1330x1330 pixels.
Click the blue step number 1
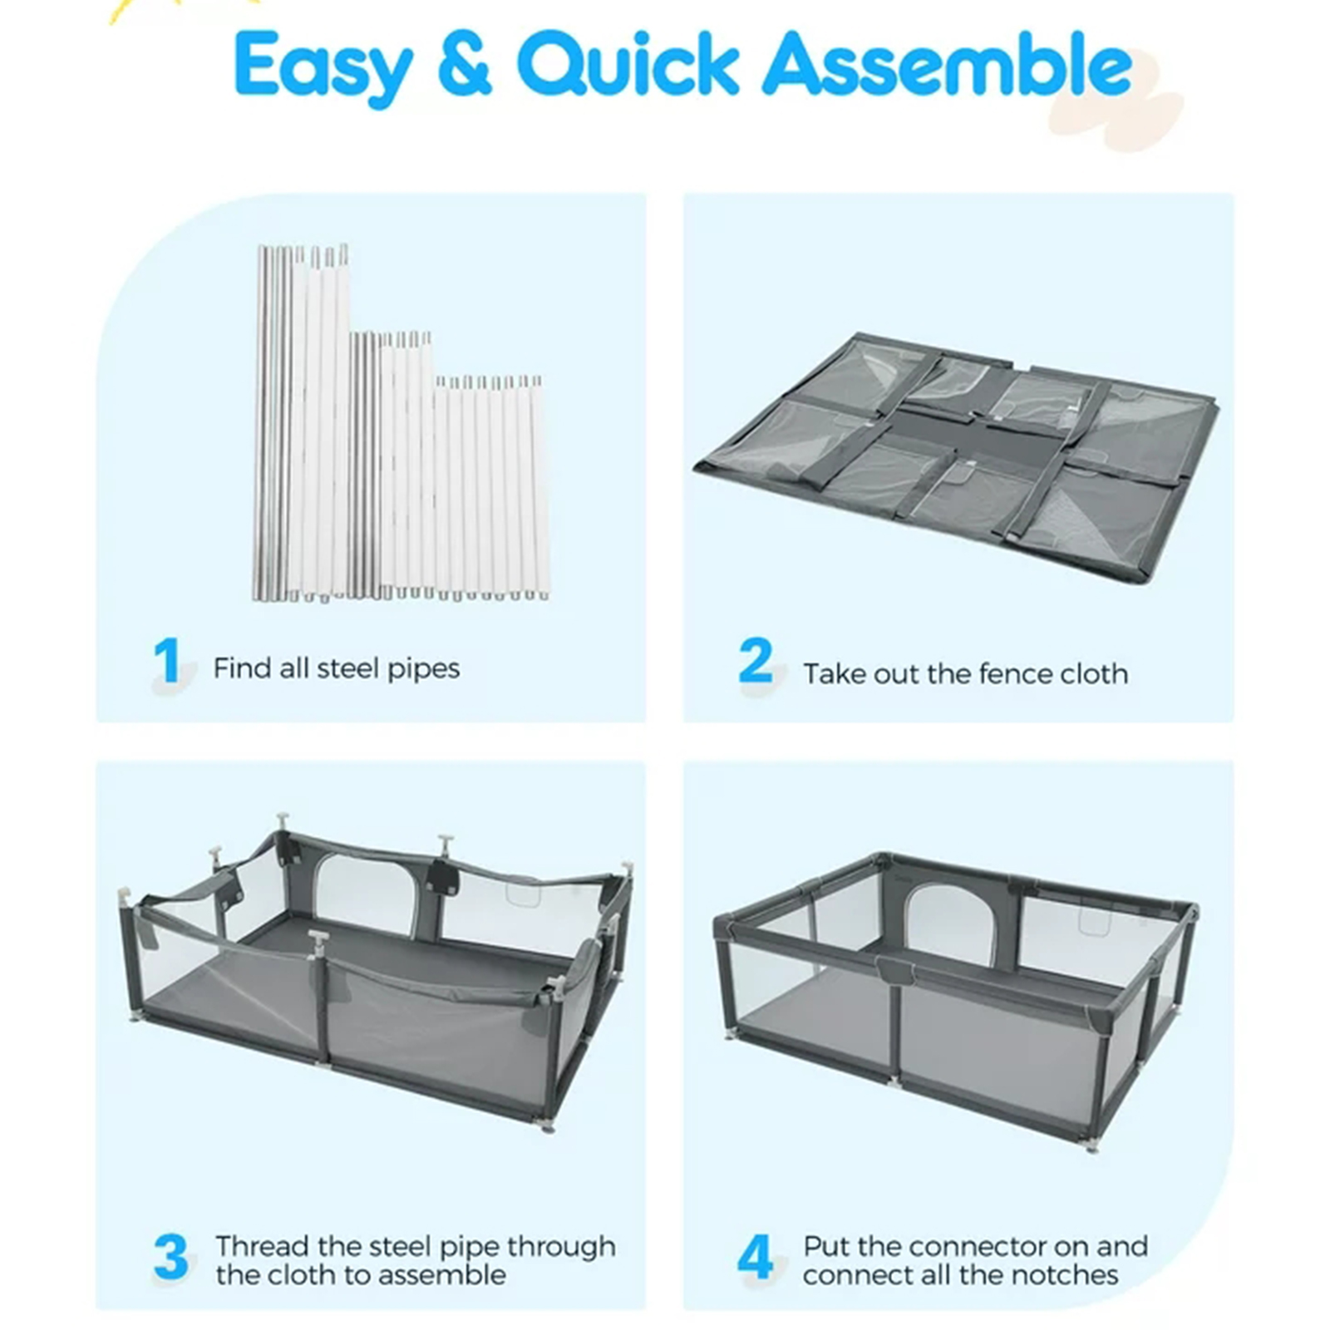tap(167, 663)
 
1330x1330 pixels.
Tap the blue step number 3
tap(171, 1257)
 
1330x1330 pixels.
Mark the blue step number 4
tap(755, 1257)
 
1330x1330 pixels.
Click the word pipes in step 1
tap(423, 669)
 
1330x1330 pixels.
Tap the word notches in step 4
tap(1069, 1274)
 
